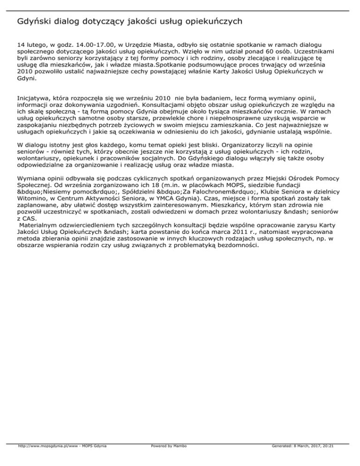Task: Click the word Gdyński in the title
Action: pyautogui.click(x=36, y=21)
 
